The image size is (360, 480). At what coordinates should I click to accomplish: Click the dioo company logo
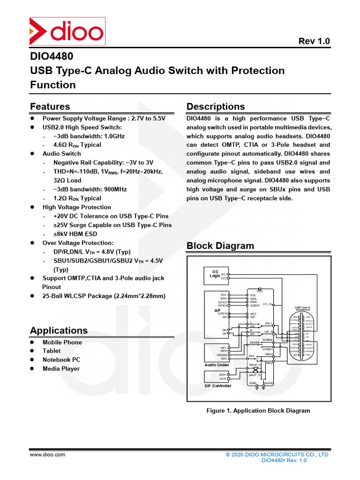coord(67,32)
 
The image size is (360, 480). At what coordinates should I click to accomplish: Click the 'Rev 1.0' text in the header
coord(314,41)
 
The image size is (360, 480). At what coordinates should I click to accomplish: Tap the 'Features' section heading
coord(50,106)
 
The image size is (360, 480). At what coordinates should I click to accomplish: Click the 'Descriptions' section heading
coord(216,106)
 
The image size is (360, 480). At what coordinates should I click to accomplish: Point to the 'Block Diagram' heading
coord(220,246)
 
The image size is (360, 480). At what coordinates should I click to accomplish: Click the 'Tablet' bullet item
coord(52,351)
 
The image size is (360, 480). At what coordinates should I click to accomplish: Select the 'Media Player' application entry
coord(61,369)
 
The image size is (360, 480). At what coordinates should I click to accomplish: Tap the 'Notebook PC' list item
coord(61,360)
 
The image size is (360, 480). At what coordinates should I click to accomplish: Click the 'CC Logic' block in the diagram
coord(215,274)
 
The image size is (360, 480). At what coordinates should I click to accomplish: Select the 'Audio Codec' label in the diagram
coord(217,365)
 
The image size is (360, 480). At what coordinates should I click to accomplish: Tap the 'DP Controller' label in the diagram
coord(218,386)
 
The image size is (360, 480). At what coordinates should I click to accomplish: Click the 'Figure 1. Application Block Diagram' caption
coord(258,411)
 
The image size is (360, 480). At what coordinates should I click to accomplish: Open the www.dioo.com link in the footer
coord(48,455)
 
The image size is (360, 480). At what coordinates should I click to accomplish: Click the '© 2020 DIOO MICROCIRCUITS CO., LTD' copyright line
coord(277,455)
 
